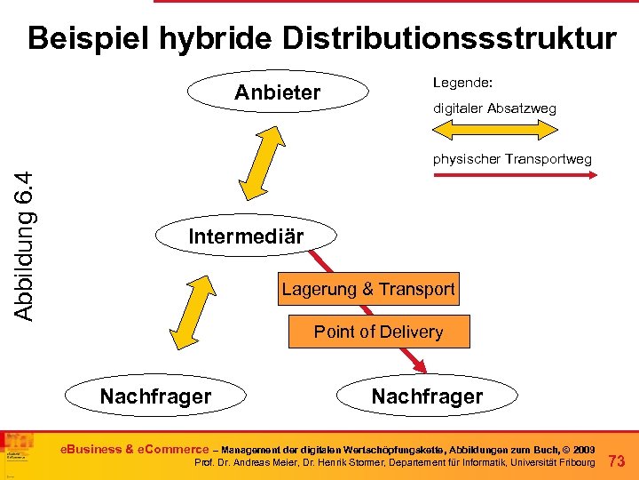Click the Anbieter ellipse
(277, 93)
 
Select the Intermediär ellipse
(246, 236)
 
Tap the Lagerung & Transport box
(368, 289)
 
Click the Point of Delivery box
(378, 332)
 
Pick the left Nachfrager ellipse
(155, 396)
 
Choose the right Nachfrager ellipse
(427, 396)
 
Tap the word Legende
(462, 83)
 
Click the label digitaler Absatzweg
(494, 108)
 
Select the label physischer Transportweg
(512, 159)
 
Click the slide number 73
(618, 460)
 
